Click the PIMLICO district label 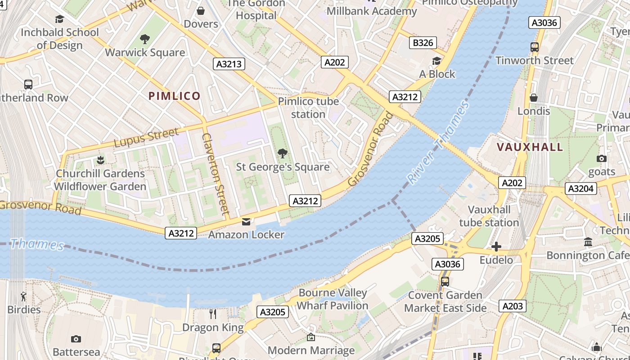coord(174,96)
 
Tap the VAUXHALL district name coord(530,147)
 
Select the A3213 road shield coord(229,64)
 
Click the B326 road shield coord(423,43)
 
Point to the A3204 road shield coord(580,189)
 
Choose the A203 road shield coord(512,306)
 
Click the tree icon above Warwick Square coord(145,39)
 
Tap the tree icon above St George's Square coord(283,154)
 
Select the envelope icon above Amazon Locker coord(246,221)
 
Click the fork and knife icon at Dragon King coord(213,314)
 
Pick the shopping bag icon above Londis coord(534,98)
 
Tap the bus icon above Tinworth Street coord(534,47)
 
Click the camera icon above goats coord(601,158)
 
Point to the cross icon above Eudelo coord(496,247)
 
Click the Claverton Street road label coord(216,173)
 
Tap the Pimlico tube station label coord(308,108)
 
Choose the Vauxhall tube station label coord(489,216)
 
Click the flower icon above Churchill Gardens coord(100,160)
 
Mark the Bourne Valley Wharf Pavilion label coord(333,299)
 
